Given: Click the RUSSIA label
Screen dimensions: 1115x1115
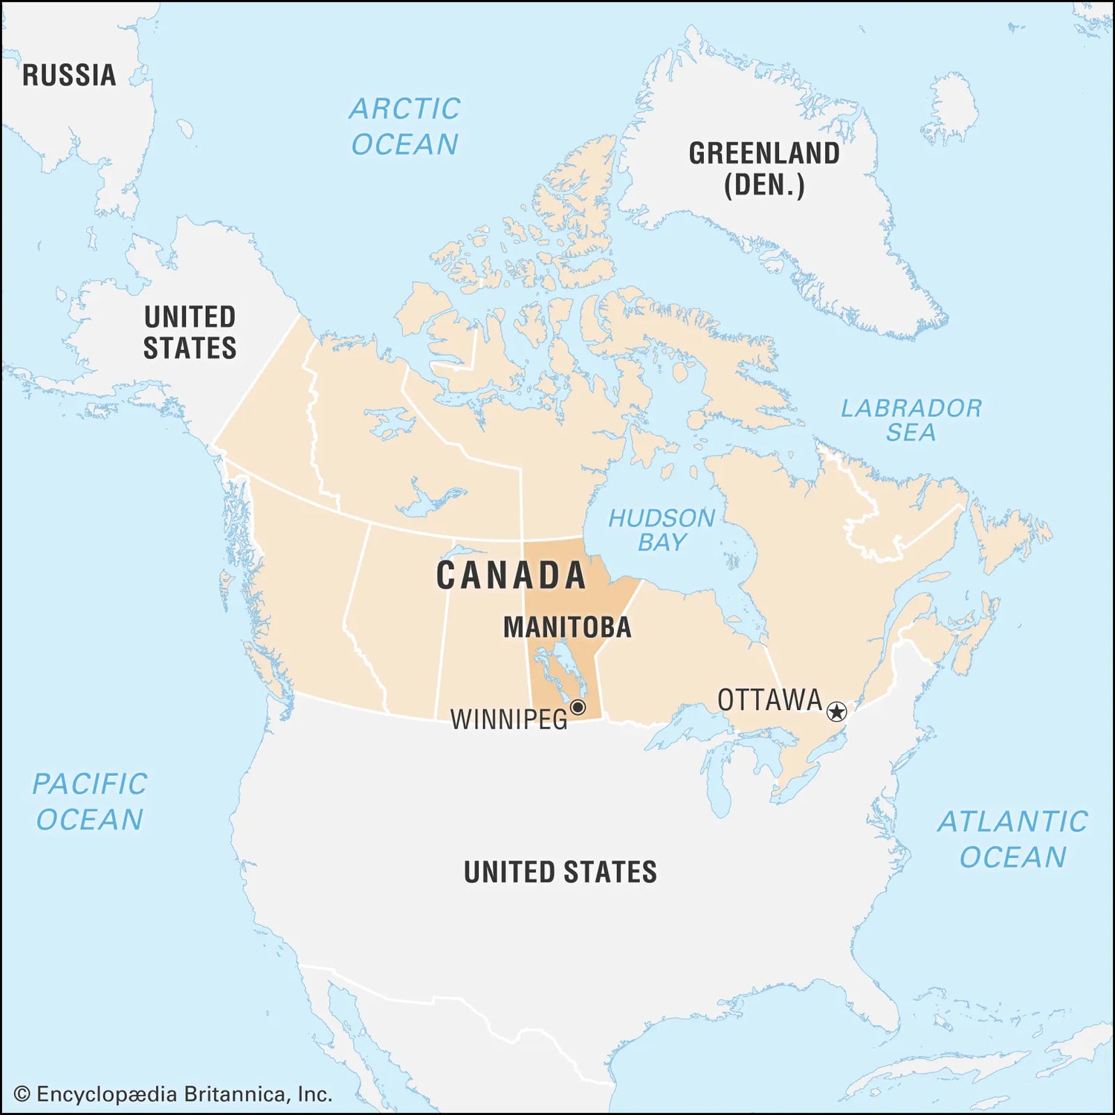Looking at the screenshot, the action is tap(69, 75).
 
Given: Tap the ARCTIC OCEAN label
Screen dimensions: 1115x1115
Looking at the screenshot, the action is tap(405, 126).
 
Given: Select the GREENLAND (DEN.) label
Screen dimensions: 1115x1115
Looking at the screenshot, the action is tap(764, 169).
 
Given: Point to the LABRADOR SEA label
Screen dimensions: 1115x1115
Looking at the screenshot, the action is tap(911, 419).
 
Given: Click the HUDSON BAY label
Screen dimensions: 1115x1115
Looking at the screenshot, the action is tap(662, 529).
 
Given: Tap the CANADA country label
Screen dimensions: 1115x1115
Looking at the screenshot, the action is tap(511, 575).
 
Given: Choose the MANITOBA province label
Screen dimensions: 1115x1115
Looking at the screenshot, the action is tap(567, 627).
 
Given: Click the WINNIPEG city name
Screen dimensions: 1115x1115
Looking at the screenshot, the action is tap(509, 720).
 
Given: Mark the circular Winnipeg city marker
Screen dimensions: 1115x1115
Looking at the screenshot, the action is tap(578, 707).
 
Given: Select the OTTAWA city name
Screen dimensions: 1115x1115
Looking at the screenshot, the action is tap(769, 700).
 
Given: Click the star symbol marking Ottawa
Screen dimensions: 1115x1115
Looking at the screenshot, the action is tap(837, 712).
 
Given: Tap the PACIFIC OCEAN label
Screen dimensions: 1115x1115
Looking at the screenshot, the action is tap(90, 801).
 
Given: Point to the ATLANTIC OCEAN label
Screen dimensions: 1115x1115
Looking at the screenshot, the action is tap(1012, 838).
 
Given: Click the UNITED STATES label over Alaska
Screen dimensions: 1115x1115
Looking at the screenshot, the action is tap(190, 332).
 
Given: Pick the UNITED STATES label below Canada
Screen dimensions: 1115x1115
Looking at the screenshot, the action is tap(560, 872).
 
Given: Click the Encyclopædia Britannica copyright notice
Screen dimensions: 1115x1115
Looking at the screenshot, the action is tap(173, 1093).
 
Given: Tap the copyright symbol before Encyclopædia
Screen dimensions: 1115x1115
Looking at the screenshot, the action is tap(22, 1094).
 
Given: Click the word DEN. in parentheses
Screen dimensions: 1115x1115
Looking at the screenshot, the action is tap(764, 185).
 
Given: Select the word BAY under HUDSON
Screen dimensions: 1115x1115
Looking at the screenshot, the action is tap(662, 543).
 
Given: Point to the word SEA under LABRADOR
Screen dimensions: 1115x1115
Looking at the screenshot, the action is tap(911, 433).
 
